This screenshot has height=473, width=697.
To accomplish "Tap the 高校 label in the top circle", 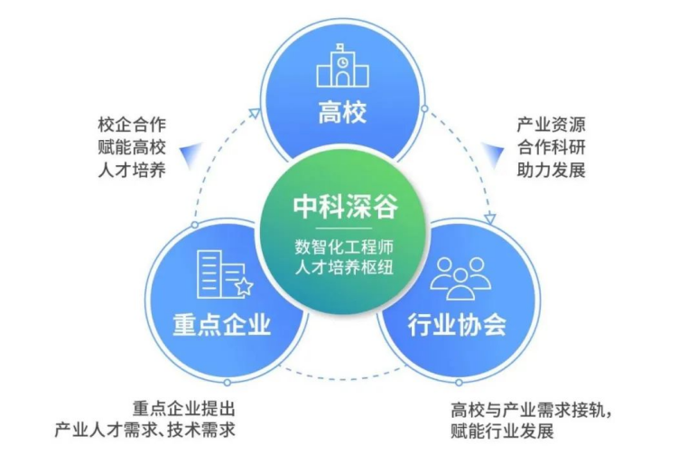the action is [342, 112].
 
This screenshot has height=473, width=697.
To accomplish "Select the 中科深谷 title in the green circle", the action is [345, 207].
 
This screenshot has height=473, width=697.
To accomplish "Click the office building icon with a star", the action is [225, 274].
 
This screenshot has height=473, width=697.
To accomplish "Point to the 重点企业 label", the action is [222, 324].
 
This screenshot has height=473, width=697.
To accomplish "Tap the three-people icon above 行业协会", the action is [460, 277].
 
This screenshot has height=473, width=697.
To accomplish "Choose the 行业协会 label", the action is [457, 324].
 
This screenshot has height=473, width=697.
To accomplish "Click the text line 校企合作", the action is [132, 125].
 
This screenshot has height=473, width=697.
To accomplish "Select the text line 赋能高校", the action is [132, 147].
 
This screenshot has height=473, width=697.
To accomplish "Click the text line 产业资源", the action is [552, 125].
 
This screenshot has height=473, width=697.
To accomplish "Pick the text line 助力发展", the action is [552, 170].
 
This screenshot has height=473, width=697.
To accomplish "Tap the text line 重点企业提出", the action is [183, 408].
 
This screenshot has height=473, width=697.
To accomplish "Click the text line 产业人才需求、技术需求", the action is [145, 430].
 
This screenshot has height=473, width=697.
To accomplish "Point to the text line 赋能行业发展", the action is [502, 431].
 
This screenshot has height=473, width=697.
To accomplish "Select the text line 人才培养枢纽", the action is [345, 267].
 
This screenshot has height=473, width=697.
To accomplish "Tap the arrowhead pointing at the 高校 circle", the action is [255, 113].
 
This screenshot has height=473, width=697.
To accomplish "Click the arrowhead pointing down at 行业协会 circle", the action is [490, 218].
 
